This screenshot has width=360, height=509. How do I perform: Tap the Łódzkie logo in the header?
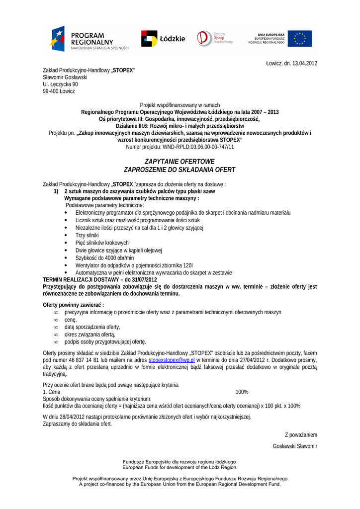[x=163, y=38]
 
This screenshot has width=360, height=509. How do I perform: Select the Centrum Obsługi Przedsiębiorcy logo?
[x=215, y=38]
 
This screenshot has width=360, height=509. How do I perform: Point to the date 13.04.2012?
[x=302, y=63]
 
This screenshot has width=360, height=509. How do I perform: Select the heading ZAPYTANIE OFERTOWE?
[x=180, y=162]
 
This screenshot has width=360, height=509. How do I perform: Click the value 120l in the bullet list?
[x=187, y=265]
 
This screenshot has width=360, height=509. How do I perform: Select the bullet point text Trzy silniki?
[x=87, y=235]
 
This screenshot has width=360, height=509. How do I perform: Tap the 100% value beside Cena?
[x=242, y=392]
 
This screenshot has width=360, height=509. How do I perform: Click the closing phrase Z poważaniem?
[x=301, y=435]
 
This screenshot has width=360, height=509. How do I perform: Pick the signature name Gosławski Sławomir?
[x=295, y=446]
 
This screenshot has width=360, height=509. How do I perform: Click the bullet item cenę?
[x=71, y=320]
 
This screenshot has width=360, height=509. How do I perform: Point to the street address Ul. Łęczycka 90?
[x=60, y=85]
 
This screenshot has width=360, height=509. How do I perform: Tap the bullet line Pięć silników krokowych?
[x=102, y=243]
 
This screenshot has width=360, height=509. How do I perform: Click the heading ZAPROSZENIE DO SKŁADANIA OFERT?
[x=180, y=170]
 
